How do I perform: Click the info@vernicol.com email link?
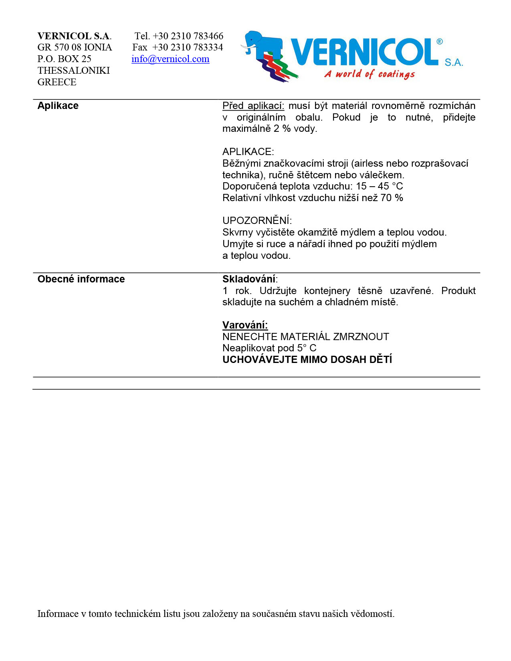click(x=170, y=59)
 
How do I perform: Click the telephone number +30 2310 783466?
click(x=188, y=36)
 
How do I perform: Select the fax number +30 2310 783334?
click(x=188, y=47)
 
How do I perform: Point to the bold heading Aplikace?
click(x=58, y=106)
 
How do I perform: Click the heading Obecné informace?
click(x=81, y=279)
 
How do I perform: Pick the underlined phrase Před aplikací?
click(x=253, y=106)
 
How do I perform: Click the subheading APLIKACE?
click(x=248, y=152)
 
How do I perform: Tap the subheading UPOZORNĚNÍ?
click(x=257, y=221)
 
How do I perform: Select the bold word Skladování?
click(x=249, y=279)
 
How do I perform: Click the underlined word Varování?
click(x=245, y=325)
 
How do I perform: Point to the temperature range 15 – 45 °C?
click(x=379, y=186)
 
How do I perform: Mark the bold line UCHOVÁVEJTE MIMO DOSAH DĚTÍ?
click(x=307, y=360)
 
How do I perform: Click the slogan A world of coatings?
click(x=370, y=74)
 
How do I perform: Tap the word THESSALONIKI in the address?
click(x=74, y=71)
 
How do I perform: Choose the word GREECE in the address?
click(x=57, y=82)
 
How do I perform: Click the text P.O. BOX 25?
click(x=64, y=59)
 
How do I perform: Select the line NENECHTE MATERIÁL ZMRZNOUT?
click(x=305, y=337)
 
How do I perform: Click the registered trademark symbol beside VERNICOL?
click(x=440, y=42)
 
